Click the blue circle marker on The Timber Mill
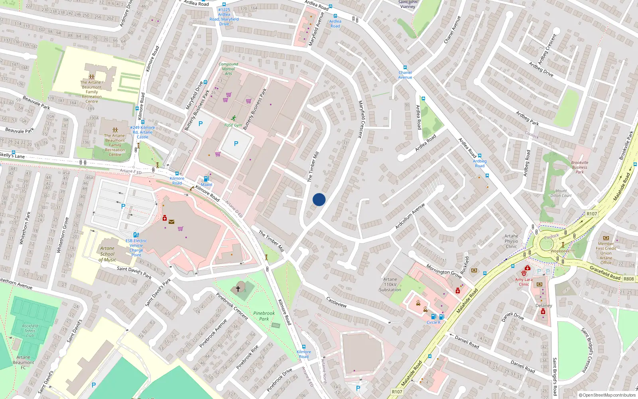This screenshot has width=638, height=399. tap(319, 199)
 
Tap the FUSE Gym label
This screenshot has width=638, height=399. tap(233, 125)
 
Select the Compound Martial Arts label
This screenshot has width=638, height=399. tap(228, 69)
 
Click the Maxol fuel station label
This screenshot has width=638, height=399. tap(207, 185)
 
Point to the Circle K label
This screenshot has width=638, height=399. tap(433, 322)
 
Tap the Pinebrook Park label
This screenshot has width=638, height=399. tap(264, 316)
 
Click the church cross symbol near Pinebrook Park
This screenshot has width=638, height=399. tap(238, 288)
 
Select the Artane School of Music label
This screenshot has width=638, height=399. tap(107, 254)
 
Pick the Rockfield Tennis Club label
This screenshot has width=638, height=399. tap(30, 331)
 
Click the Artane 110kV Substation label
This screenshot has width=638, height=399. tap(390, 284)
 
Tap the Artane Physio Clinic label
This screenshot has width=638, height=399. tap(511, 241)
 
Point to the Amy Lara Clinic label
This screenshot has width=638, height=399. tap(524, 282)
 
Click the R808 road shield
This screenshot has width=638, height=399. tap(629, 279)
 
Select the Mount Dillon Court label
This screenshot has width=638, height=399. tap(561, 193)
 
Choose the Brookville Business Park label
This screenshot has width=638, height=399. tap(579, 167)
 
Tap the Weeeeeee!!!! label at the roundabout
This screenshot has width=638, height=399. tap(563, 251)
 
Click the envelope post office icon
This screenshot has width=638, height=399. tap(171, 222)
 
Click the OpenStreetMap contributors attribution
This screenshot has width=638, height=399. tap(607, 395)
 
